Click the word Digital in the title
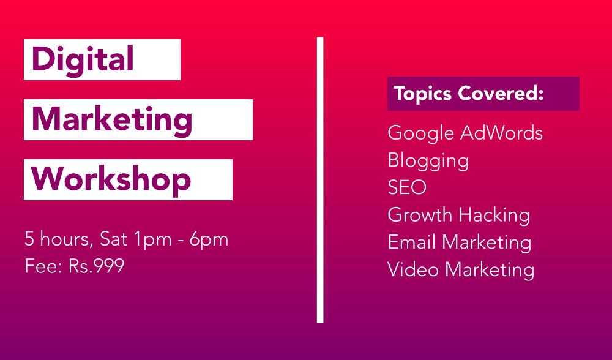83,59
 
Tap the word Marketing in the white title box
112,119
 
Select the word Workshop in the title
111,179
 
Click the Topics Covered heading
468,94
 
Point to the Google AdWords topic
465,133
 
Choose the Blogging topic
428,160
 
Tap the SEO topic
407,187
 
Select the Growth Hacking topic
458,215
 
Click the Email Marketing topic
459,242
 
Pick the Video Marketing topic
461,269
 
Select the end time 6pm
209,239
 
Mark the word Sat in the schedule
113,239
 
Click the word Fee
42,266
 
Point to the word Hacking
494,215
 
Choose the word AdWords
501,133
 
